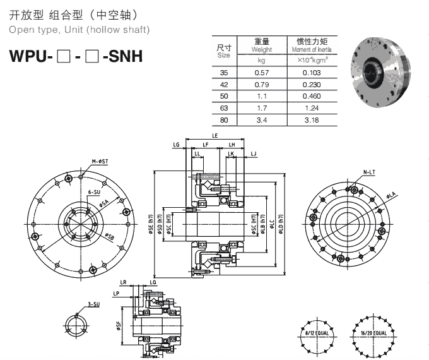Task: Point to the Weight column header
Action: click(261, 45)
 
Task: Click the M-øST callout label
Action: click(100, 162)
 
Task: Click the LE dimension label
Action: click(215, 136)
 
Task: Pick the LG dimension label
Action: click(175, 145)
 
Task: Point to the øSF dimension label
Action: click(119, 326)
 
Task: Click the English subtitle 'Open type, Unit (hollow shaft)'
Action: click(79, 30)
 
